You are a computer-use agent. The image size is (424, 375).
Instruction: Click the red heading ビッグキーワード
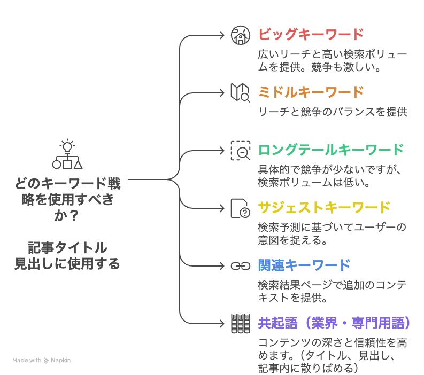point(311,34)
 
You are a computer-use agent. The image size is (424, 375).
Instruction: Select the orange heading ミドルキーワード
point(311,92)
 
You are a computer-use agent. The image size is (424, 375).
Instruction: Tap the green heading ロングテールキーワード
point(331,150)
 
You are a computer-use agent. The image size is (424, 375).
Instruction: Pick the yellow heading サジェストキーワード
point(324,207)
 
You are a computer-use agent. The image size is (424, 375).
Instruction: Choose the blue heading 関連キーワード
point(304,265)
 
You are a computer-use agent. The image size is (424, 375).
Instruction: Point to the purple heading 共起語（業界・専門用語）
point(334,323)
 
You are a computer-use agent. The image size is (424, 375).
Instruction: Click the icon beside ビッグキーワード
point(240,35)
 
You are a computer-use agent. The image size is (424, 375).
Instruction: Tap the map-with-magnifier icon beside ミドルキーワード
point(240,92)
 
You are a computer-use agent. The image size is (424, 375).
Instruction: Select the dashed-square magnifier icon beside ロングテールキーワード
point(240,150)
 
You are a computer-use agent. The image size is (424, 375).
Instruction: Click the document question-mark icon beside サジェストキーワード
point(240,208)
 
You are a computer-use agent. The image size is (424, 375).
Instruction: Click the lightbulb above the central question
point(67,145)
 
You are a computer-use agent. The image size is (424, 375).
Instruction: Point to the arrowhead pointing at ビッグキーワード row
point(223,35)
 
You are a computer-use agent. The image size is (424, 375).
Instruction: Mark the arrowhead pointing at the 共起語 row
point(223,323)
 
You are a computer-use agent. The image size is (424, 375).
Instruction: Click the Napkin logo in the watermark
point(47,360)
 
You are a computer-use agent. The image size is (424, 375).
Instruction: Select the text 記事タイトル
point(67,248)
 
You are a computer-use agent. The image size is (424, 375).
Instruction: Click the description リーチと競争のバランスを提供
point(333,112)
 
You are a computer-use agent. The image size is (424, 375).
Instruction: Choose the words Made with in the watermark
point(27,360)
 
